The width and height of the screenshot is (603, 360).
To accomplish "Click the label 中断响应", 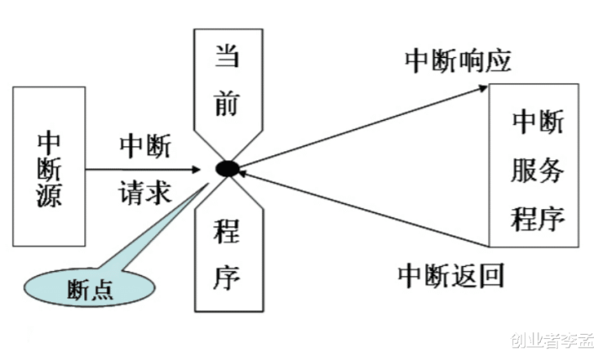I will [x=458, y=60].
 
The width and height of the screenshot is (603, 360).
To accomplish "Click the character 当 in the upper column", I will [x=226, y=58].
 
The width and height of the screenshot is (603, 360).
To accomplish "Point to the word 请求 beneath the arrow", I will [x=145, y=194].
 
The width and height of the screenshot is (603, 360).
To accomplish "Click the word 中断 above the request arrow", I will [x=145, y=146].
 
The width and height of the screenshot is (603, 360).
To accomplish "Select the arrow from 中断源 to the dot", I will [x=147, y=169].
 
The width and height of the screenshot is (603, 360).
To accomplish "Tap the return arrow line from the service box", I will [x=361, y=207].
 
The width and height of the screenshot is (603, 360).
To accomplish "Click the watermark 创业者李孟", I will [x=550, y=340].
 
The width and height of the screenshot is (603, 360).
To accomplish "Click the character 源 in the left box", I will [x=50, y=201].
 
